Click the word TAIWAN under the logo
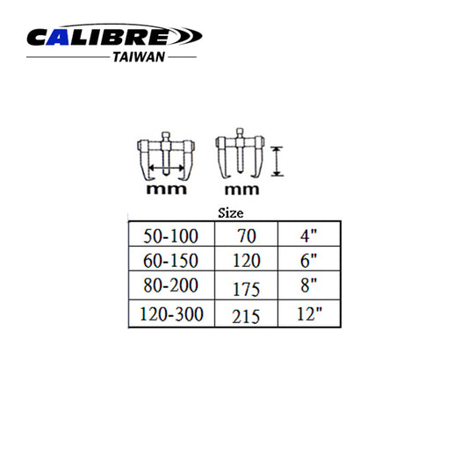pos(139,57)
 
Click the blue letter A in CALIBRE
pos(58,37)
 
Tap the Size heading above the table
pos(230,213)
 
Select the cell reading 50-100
pos(171,234)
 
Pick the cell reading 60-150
pos(171,258)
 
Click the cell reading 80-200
pos(171,285)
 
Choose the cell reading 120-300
pos(171,313)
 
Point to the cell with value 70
pos(246,234)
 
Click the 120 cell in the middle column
pos(246,258)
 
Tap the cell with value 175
pos(246,285)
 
